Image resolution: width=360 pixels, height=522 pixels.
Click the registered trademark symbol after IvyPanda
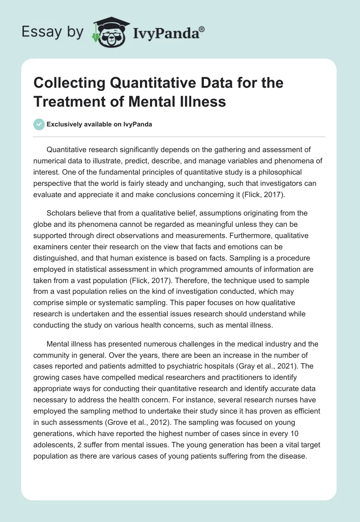coord(202,29)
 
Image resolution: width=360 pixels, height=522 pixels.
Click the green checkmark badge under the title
coord(39,124)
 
